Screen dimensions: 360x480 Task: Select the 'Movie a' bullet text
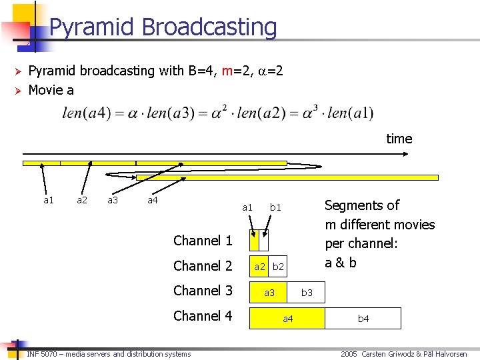[x=51, y=89]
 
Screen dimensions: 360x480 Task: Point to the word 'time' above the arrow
[x=399, y=139]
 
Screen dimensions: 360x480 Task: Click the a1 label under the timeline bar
[x=49, y=199]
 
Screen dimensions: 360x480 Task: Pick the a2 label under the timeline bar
[x=82, y=199]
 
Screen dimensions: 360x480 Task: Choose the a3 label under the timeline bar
[x=113, y=199]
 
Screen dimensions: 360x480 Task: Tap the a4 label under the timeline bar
[x=153, y=199]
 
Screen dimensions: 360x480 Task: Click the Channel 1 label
[x=203, y=241]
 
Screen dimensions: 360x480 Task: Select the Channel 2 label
[x=203, y=266]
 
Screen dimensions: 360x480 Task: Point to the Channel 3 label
[x=203, y=291]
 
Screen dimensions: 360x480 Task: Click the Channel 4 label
[x=203, y=316]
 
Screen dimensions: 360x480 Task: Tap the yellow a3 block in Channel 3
[x=269, y=293]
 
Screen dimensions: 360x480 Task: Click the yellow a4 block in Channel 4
[x=287, y=319]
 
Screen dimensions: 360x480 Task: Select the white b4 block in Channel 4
[x=363, y=319]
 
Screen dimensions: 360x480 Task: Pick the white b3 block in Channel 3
[x=307, y=293]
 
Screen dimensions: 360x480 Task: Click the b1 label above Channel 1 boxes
[x=275, y=207]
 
